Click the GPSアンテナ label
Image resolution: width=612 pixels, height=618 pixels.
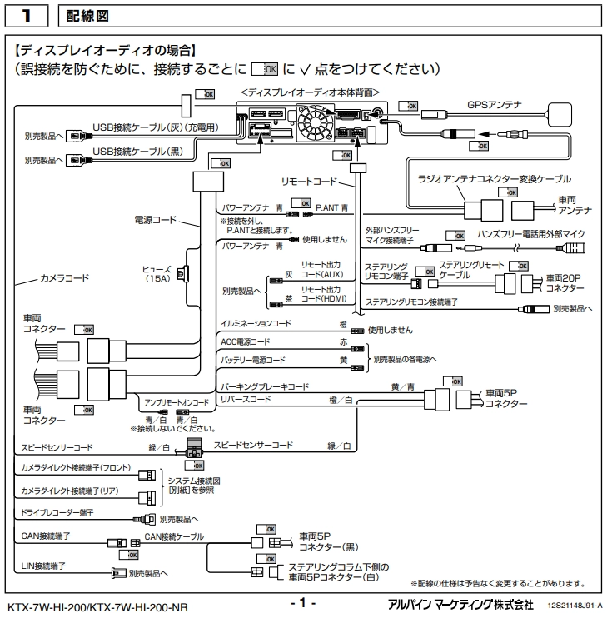point(493,105)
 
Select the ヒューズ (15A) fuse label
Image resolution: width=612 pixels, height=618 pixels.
point(157,275)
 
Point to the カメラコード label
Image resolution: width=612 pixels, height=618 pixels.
point(65,276)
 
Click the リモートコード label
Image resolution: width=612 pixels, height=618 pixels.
point(311,180)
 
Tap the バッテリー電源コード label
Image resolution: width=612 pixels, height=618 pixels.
point(252,360)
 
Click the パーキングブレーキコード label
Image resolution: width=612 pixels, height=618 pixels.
point(265,386)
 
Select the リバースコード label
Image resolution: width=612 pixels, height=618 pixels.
point(246,400)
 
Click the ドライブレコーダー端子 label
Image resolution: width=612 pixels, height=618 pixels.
point(57,512)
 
